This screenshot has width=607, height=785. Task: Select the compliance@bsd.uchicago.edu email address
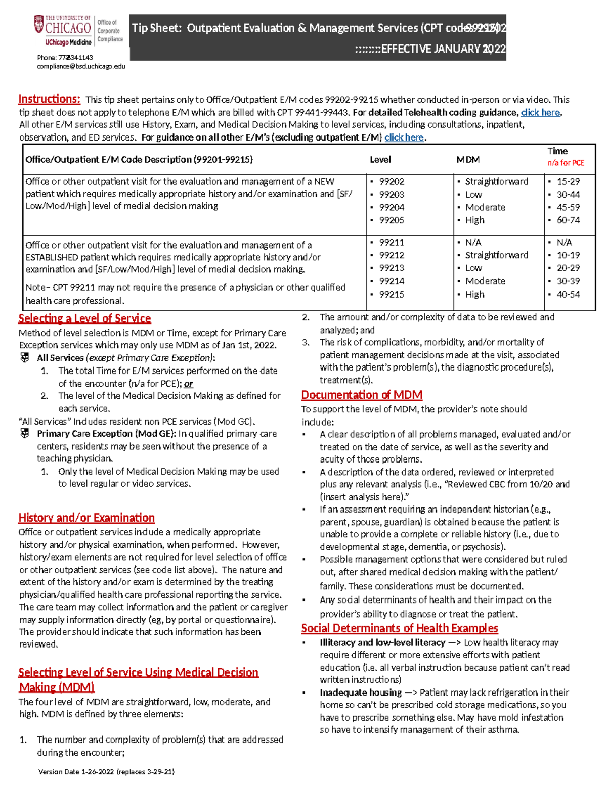tap(81, 66)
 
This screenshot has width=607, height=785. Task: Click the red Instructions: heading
tap(49, 99)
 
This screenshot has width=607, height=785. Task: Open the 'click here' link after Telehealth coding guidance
tap(540, 112)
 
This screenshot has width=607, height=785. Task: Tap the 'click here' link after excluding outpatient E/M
tap(404, 137)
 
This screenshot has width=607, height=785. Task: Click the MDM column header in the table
tap(468, 160)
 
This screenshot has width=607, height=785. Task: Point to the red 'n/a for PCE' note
tap(566, 163)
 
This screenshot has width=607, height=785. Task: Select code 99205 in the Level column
tap(392, 220)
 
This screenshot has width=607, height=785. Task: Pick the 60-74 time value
tap(568, 220)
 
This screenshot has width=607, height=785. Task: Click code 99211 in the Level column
tap(392, 243)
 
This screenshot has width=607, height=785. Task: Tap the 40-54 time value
tap(568, 294)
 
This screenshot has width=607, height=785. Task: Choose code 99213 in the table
tap(392, 268)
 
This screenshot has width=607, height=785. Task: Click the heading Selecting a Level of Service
tap(84, 318)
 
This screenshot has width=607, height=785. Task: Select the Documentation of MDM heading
tap(362, 395)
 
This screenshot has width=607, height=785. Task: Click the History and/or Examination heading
tap(86, 518)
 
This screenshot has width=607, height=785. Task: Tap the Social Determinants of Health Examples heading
tap(400, 628)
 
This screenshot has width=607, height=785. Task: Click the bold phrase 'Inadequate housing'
tap(361, 692)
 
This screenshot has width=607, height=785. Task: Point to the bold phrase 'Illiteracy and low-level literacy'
tap(382, 643)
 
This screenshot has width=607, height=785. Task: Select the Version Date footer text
tap(106, 772)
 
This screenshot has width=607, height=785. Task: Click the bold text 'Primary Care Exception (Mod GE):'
tap(106, 434)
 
